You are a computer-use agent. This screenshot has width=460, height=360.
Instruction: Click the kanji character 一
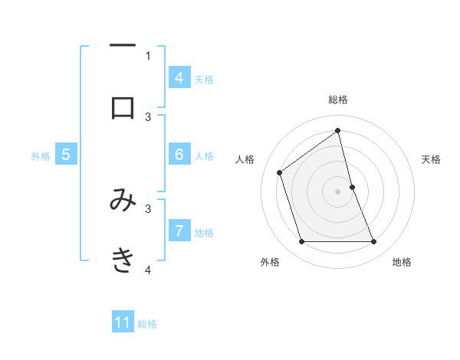click(123, 47)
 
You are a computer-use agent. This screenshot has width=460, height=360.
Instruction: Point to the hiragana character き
click(123, 260)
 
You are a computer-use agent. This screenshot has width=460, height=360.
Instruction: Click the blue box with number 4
click(179, 78)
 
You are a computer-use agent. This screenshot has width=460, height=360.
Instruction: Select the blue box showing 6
click(179, 155)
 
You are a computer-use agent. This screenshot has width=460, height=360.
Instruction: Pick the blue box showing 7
click(179, 231)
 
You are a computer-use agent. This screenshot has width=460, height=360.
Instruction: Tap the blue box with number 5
click(66, 155)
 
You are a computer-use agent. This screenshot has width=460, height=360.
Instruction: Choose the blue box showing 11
click(123, 322)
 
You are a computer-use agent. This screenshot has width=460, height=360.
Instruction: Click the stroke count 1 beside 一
click(148, 55)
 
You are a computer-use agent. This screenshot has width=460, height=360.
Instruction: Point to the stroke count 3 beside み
click(148, 208)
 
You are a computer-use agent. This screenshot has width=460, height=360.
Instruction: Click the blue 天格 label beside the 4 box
click(204, 79)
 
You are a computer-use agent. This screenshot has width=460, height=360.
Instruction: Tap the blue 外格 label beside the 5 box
click(41, 155)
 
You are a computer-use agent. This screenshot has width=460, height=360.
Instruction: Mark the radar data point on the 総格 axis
click(337, 130)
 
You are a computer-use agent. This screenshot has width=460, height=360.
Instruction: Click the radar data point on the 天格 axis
click(352, 186)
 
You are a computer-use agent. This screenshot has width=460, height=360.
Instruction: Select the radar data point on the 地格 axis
click(373, 242)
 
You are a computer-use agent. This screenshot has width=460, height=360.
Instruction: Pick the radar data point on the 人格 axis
click(280, 172)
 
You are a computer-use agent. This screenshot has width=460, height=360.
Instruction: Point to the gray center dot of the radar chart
click(337, 191)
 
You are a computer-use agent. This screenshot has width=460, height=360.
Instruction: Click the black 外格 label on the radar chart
click(270, 263)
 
